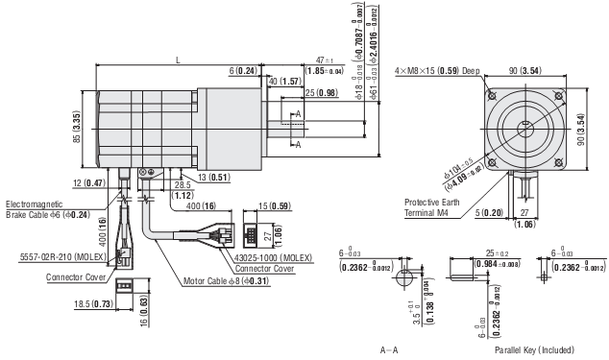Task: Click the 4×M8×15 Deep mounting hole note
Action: (436, 70)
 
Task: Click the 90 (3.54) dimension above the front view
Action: (525, 70)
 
